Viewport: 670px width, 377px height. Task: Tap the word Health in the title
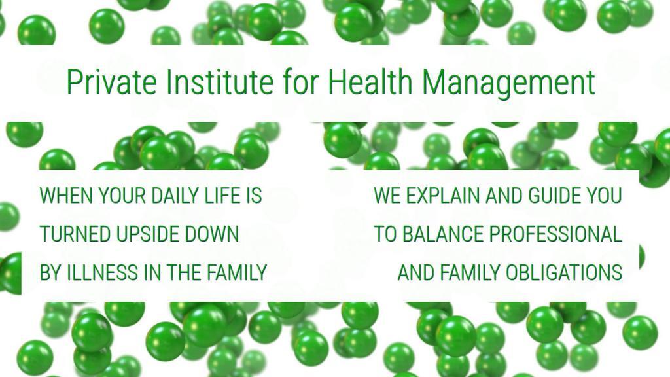coord(370,81)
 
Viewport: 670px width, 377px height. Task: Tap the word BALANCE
coord(443,234)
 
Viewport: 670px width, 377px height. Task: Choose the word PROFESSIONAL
coord(555,234)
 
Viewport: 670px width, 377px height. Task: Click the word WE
coord(387,195)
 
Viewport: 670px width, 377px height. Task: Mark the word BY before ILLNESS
coord(50,273)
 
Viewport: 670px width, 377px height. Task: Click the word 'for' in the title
coord(300,81)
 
